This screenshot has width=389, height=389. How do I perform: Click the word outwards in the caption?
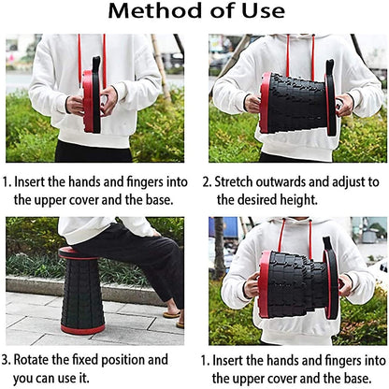click(291, 181)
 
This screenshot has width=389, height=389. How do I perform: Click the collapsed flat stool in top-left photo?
click(91, 97)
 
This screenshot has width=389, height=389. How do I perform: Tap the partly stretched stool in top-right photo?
click(296, 98)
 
